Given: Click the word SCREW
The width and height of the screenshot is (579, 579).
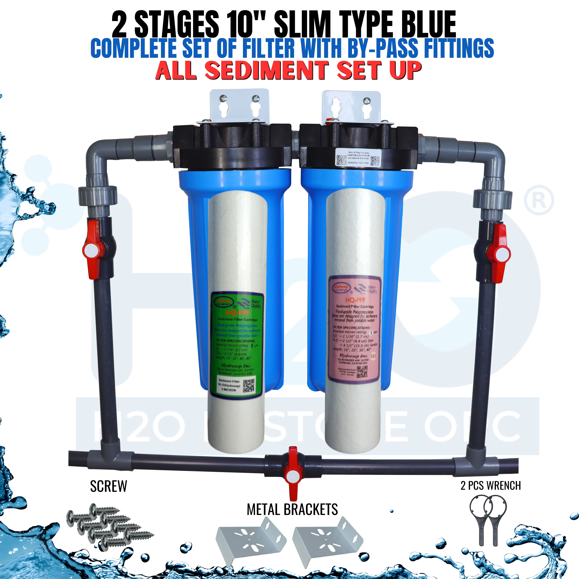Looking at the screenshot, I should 109,486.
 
